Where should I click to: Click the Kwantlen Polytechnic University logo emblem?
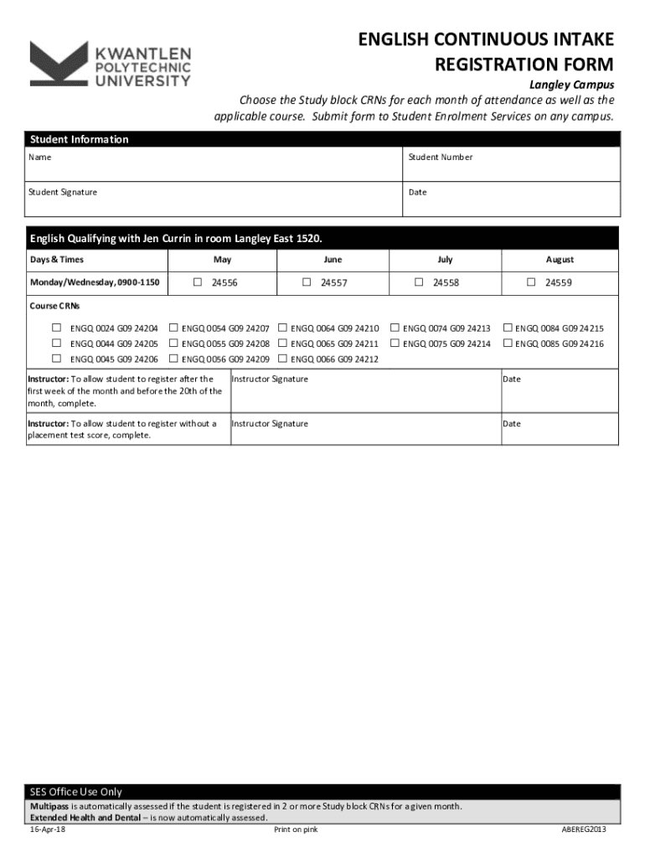(x=58, y=64)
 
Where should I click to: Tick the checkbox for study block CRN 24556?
(x=198, y=282)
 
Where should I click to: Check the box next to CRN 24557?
(x=307, y=282)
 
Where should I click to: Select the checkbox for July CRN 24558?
(x=419, y=282)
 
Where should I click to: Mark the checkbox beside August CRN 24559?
(x=531, y=282)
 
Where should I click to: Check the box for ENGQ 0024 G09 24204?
(x=57, y=328)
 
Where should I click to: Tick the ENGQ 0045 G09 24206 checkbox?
(x=57, y=359)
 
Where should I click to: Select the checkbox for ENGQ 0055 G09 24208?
(x=174, y=343)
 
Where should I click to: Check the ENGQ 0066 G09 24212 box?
(x=283, y=359)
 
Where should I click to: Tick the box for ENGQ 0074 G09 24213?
(x=395, y=328)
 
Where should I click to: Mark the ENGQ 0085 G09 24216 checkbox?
(x=508, y=343)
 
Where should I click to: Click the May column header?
(x=222, y=260)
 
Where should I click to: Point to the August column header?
(x=560, y=260)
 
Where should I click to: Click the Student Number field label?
(x=441, y=158)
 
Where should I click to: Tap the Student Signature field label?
(x=63, y=193)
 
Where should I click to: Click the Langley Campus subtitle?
(x=571, y=85)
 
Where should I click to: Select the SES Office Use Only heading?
(x=76, y=791)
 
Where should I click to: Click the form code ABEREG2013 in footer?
(x=584, y=830)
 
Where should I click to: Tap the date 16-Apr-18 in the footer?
(x=48, y=830)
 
